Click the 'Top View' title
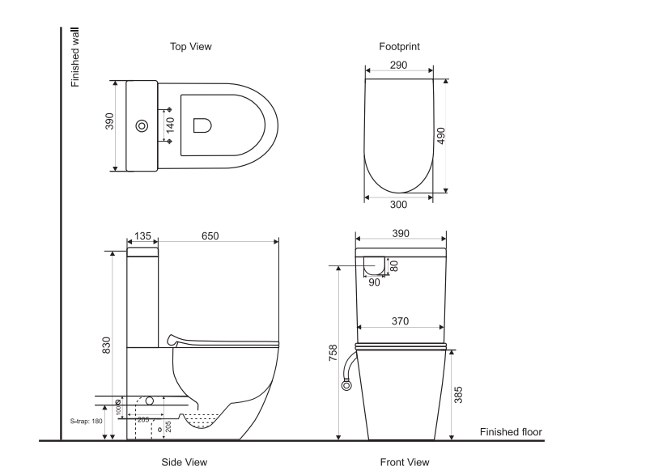[x=190, y=47]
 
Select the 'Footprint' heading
[x=399, y=47]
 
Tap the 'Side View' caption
[x=184, y=462]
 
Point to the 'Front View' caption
[x=405, y=462]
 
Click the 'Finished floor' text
[x=511, y=432]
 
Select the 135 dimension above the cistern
[x=142, y=235]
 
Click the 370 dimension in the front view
[x=400, y=321]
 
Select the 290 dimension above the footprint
[x=398, y=66]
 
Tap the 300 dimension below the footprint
[x=399, y=205]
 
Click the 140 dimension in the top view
[x=171, y=125]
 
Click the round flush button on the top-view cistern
[x=142, y=126]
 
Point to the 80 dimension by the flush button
[x=394, y=264]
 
